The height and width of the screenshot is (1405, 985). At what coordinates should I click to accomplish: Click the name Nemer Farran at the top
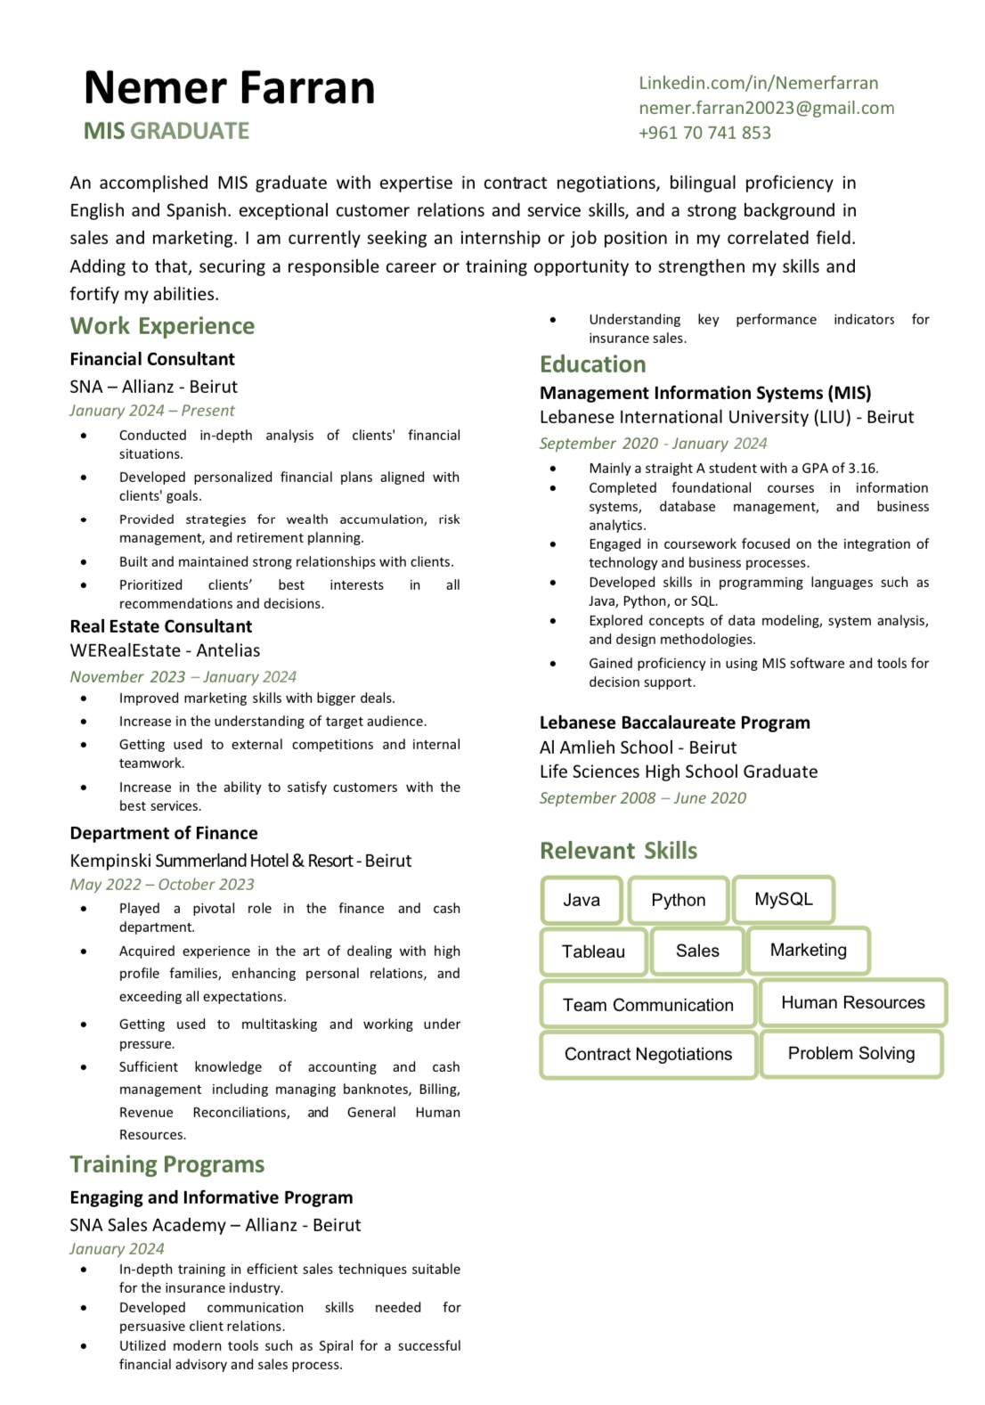pyautogui.click(x=229, y=88)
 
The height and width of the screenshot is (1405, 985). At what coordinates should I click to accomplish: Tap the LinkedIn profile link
pyautogui.click(x=758, y=83)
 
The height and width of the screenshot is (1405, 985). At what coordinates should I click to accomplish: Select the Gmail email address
pyautogui.click(x=766, y=108)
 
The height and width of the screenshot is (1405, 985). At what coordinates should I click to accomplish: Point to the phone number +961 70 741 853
pyautogui.click(x=704, y=133)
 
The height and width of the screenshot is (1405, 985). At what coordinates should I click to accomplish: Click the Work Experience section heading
pyautogui.click(x=162, y=326)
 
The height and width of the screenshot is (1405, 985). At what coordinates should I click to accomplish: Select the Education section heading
pyautogui.click(x=592, y=364)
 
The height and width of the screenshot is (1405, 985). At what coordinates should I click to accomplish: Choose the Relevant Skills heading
pyautogui.click(x=618, y=851)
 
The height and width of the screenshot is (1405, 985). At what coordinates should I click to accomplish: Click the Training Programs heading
pyautogui.click(x=167, y=1164)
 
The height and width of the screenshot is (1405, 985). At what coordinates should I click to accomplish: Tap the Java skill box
pyautogui.click(x=582, y=900)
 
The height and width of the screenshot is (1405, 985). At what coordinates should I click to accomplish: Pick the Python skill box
pyautogui.click(x=678, y=900)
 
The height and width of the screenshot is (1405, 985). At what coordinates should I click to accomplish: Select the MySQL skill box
pyautogui.click(x=783, y=899)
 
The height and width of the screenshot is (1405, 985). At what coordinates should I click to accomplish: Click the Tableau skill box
pyautogui.click(x=593, y=952)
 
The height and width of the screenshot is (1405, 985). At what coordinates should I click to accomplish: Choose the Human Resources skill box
pyautogui.click(x=852, y=1002)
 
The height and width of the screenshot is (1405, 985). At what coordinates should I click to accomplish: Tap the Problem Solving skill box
pyautogui.click(x=851, y=1053)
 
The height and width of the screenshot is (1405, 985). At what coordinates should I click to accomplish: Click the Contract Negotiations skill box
pyautogui.click(x=647, y=1054)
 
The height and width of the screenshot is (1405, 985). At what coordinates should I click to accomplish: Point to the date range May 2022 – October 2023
pyautogui.click(x=162, y=885)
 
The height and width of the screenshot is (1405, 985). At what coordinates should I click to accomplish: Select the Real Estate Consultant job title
pyautogui.click(x=161, y=626)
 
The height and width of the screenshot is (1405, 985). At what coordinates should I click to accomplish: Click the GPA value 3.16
pyautogui.click(x=862, y=468)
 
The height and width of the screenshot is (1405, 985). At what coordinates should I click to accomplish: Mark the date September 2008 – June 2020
pyautogui.click(x=642, y=798)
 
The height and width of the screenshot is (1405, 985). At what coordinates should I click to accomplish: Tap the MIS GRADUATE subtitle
pyautogui.click(x=167, y=131)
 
